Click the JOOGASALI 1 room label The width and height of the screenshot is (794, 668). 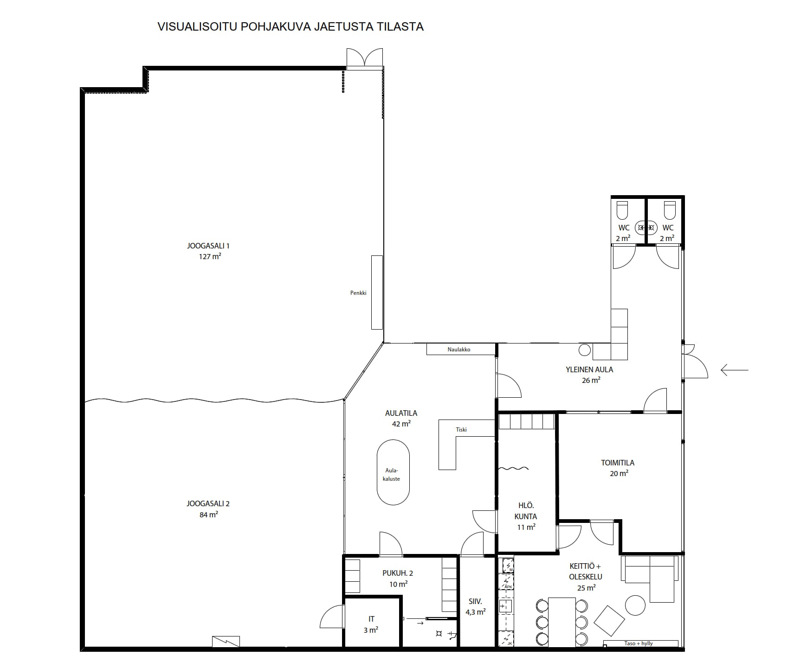pyautogui.click(x=208, y=246)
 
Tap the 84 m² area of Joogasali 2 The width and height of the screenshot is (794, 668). pyautogui.click(x=208, y=514)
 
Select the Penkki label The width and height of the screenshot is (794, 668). pyautogui.click(x=358, y=293)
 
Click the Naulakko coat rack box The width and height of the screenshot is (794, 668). pyautogui.click(x=461, y=349)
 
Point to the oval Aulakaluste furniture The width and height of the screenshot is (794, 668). pyautogui.click(x=393, y=472)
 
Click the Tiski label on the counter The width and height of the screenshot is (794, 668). pyautogui.click(x=461, y=430)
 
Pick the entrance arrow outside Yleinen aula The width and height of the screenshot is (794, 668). pyautogui.click(x=735, y=370)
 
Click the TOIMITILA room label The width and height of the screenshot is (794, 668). pyautogui.click(x=618, y=463)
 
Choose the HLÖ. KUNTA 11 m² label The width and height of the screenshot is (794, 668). pyautogui.click(x=526, y=516)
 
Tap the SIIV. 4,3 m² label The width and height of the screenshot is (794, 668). pyautogui.click(x=475, y=607)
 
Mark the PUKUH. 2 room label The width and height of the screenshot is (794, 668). pyautogui.click(x=398, y=573)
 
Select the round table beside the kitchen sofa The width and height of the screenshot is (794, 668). pyautogui.click(x=635, y=605)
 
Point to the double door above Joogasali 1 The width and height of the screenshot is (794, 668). pyautogui.click(x=365, y=59)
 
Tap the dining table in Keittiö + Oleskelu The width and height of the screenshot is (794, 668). pyautogui.click(x=562, y=622)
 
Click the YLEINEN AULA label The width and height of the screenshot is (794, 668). pyautogui.click(x=589, y=369)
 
